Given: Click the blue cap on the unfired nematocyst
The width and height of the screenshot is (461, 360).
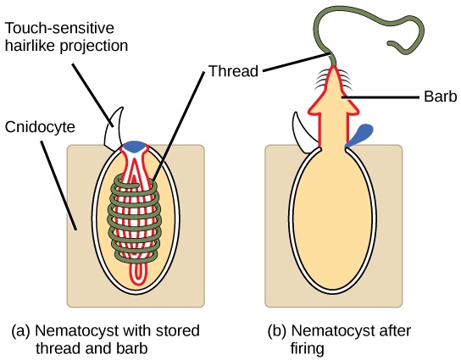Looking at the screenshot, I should coord(134,147).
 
